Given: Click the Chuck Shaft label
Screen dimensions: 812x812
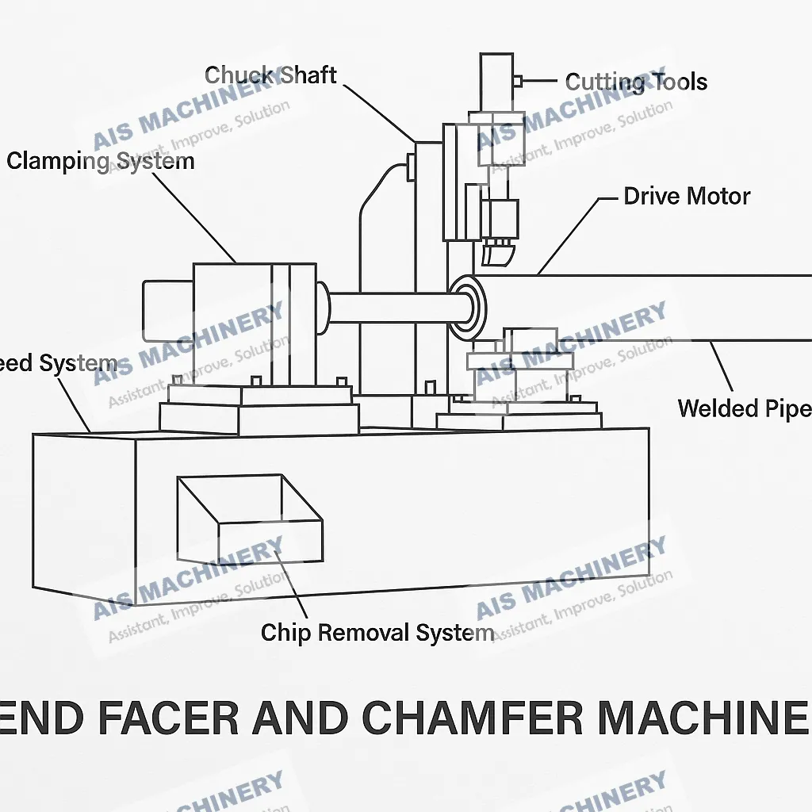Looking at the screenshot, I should (x=270, y=76).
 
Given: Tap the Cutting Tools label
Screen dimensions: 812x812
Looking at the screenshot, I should (x=636, y=82).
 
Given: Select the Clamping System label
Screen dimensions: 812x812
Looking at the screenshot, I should (x=101, y=162).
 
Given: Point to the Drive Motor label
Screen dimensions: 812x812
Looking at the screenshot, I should (x=687, y=197).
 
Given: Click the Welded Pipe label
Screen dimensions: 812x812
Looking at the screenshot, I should (x=744, y=408).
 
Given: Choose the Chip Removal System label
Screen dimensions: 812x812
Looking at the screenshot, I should (x=377, y=633).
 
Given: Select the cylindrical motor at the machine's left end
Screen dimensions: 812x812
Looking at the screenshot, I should (x=167, y=308).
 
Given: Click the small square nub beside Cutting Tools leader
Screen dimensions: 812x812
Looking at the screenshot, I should (x=517, y=81).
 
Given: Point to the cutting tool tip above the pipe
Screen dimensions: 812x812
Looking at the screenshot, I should (x=496, y=255).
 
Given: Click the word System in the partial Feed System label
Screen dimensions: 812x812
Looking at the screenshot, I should (x=79, y=365).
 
